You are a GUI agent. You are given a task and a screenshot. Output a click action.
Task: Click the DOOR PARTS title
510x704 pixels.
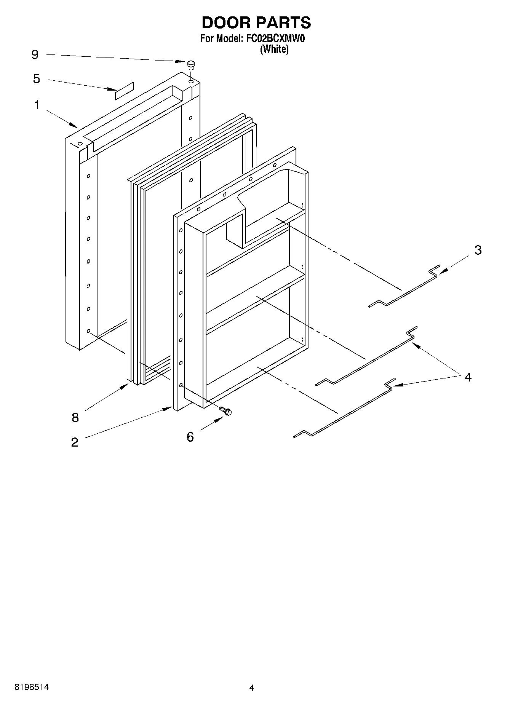(256, 23)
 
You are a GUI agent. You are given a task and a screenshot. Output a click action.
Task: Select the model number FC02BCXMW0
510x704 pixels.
(273, 38)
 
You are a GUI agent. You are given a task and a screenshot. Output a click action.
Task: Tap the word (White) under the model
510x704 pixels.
(274, 49)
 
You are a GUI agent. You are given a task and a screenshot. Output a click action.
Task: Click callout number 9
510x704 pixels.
(35, 55)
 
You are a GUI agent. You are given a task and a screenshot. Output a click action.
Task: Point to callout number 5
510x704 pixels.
(36, 79)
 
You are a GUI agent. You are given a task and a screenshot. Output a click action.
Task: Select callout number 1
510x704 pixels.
(37, 105)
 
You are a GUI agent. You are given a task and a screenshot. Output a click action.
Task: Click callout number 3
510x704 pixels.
(478, 250)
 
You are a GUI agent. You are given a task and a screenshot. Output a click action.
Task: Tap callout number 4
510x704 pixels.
(468, 377)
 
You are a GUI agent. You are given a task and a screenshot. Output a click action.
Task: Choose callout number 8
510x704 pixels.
(75, 417)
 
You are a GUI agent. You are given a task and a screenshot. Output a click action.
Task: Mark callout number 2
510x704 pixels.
(74, 442)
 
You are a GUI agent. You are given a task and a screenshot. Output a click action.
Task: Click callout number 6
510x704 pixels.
(190, 437)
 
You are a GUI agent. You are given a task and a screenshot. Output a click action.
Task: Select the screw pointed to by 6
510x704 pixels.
(226, 410)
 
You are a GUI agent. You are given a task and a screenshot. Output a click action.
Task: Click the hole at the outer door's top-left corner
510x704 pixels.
(80, 144)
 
